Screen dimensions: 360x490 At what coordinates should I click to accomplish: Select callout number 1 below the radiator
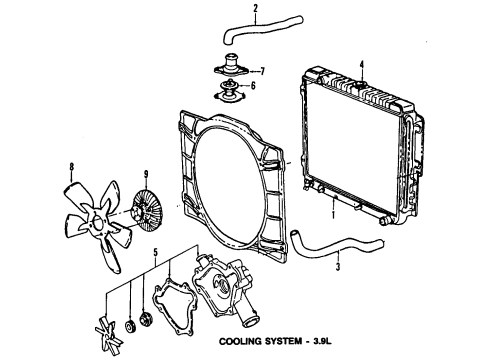[331, 212]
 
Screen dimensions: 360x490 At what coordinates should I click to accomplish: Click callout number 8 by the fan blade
[71, 166]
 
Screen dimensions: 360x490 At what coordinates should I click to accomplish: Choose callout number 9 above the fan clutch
[146, 173]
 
